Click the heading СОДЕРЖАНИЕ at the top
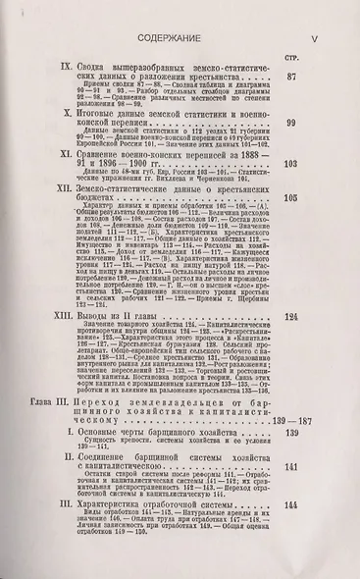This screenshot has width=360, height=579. [x=180, y=16]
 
